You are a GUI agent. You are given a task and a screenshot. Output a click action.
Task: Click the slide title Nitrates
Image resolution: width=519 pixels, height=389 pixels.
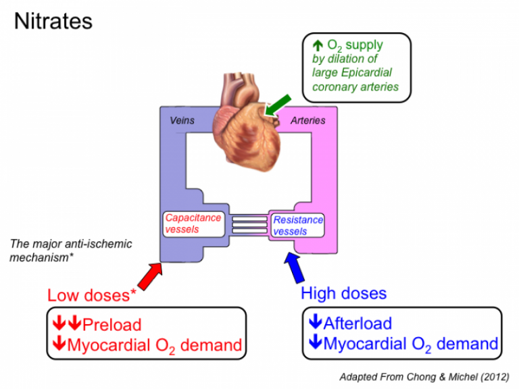click(53, 21)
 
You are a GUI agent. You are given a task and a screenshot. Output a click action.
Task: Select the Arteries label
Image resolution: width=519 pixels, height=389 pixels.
click(307, 121)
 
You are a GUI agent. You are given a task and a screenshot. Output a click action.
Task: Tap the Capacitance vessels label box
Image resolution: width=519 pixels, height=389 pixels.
click(193, 224)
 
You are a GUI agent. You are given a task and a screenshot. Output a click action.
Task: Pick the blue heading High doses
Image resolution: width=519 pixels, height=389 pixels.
click(343, 293)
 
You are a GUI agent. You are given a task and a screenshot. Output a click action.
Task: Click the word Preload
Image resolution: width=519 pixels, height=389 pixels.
click(112, 324)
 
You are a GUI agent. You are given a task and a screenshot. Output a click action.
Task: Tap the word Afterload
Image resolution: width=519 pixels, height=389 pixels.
click(357, 323)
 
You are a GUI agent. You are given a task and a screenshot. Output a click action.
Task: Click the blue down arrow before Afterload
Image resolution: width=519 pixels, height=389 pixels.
click(315, 323)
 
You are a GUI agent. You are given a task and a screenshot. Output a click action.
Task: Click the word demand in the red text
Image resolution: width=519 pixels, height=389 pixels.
click(211, 345)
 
